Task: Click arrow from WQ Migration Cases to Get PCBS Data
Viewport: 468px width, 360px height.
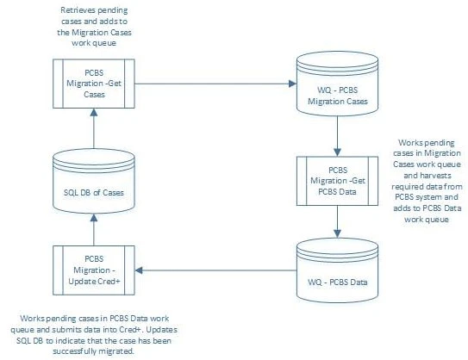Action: [337, 135]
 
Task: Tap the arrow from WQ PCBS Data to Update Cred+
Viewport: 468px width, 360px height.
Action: [215, 270]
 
